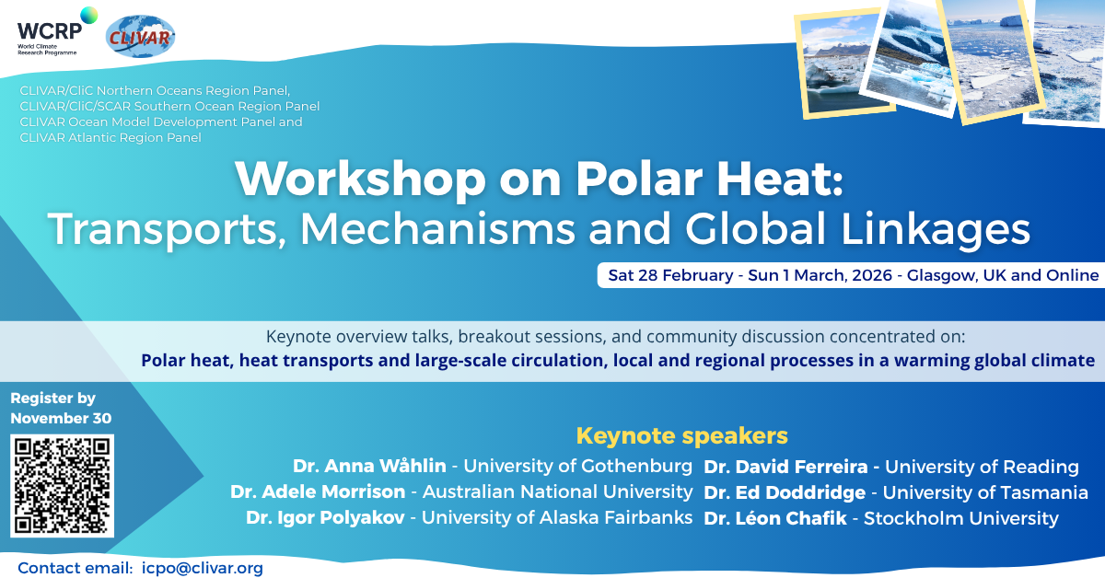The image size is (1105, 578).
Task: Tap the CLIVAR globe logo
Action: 140,37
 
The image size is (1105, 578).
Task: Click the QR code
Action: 63,486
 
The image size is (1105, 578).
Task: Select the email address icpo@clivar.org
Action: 203,568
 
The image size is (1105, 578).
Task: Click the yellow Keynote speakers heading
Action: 681,436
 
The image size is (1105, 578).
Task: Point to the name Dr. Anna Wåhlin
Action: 369,466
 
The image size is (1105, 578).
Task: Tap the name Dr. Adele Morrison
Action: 318,491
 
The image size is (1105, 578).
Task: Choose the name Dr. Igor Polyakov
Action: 325,517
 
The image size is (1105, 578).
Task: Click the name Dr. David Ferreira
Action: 785,467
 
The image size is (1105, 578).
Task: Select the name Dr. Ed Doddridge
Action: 785,492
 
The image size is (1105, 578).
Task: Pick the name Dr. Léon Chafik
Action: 775,518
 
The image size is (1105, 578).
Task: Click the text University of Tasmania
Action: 985,492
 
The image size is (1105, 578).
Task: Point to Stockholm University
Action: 961,518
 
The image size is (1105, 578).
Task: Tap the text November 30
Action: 61,418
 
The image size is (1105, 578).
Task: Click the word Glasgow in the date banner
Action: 942,275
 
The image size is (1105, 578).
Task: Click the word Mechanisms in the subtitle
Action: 437,228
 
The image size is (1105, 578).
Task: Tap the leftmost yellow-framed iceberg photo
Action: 844,64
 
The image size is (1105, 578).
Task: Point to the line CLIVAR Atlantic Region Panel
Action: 110,137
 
